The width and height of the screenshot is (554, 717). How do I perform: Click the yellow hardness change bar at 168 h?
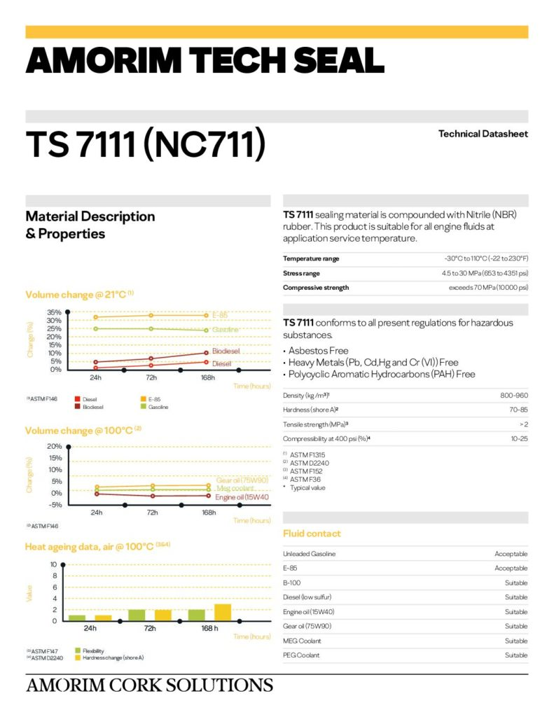[x=223, y=612]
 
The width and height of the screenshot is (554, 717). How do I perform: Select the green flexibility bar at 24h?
[x=77, y=618]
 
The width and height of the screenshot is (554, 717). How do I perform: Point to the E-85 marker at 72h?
[x=151, y=315]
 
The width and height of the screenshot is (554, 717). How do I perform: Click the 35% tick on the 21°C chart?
[x=55, y=312]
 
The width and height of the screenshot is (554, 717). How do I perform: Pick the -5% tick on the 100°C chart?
[x=55, y=504]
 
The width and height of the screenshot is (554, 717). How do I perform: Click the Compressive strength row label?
[x=316, y=288]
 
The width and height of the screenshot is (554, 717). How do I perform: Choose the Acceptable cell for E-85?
[x=511, y=568]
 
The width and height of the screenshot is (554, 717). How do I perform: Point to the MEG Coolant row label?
[x=302, y=641]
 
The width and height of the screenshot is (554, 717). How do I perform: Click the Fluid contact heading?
[x=312, y=534]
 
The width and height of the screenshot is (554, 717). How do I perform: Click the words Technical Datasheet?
[x=483, y=134]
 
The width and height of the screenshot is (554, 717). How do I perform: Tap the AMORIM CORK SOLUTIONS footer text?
[x=149, y=685]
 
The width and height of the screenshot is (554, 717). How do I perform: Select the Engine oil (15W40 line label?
[x=242, y=497]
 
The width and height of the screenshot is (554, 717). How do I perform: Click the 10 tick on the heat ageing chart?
[x=54, y=564]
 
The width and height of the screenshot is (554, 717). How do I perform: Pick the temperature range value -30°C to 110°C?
[x=486, y=258]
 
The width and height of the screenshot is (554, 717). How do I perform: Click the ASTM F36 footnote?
[x=306, y=480]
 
